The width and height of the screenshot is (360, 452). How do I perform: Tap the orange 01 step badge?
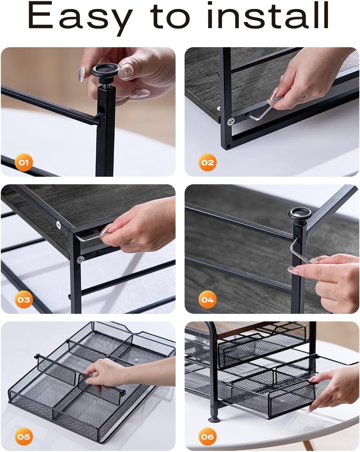click(24, 162)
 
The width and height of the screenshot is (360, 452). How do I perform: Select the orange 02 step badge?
click(207, 162)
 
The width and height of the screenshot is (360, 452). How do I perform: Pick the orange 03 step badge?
click(24, 299)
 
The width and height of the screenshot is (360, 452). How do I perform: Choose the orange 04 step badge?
click(207, 299)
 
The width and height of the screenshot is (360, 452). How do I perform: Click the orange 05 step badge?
click(24, 437)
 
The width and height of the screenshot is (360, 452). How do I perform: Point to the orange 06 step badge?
click(207, 437)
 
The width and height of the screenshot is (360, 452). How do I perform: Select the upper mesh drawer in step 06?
click(262, 347)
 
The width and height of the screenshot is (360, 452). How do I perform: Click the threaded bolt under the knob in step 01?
click(104, 86)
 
